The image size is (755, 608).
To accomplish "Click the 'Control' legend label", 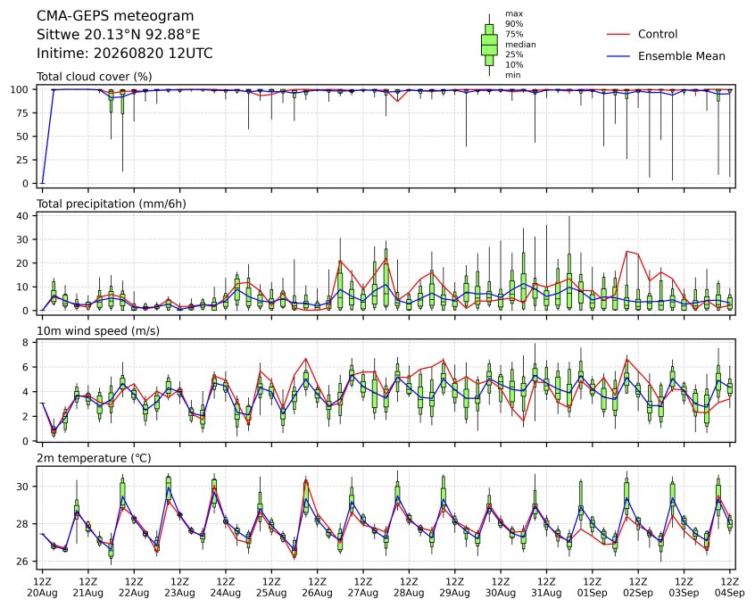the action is (x=657, y=34).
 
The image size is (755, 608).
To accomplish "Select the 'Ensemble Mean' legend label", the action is (x=681, y=56).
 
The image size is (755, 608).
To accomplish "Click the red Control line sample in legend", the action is (x=618, y=34).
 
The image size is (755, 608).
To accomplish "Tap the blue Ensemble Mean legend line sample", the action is (x=618, y=56).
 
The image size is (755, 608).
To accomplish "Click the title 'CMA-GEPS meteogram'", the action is (x=115, y=16).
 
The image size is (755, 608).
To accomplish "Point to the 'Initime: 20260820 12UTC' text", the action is (x=125, y=53).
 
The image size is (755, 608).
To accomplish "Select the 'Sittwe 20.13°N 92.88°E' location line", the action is (x=119, y=35).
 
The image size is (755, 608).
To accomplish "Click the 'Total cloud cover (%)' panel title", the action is (x=95, y=77).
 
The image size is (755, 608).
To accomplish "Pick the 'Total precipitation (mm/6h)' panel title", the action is (x=112, y=204).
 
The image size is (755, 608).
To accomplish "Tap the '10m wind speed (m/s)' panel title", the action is (x=98, y=331).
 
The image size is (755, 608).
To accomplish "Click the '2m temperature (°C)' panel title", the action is (x=94, y=458).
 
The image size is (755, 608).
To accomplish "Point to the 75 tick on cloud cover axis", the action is (x=23, y=113).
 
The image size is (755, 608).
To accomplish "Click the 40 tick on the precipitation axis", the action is (x=23, y=216).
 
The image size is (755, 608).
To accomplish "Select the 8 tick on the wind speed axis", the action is (x=26, y=343).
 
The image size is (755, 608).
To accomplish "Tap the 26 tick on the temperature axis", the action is (x=23, y=562).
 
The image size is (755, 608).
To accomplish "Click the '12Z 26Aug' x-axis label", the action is (x=318, y=587).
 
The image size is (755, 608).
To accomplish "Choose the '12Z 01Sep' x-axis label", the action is (x=593, y=587).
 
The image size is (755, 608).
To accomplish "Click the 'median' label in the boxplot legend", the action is (x=520, y=45).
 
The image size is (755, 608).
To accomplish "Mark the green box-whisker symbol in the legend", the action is (x=489, y=45).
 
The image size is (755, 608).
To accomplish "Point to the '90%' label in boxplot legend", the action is (x=514, y=24).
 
